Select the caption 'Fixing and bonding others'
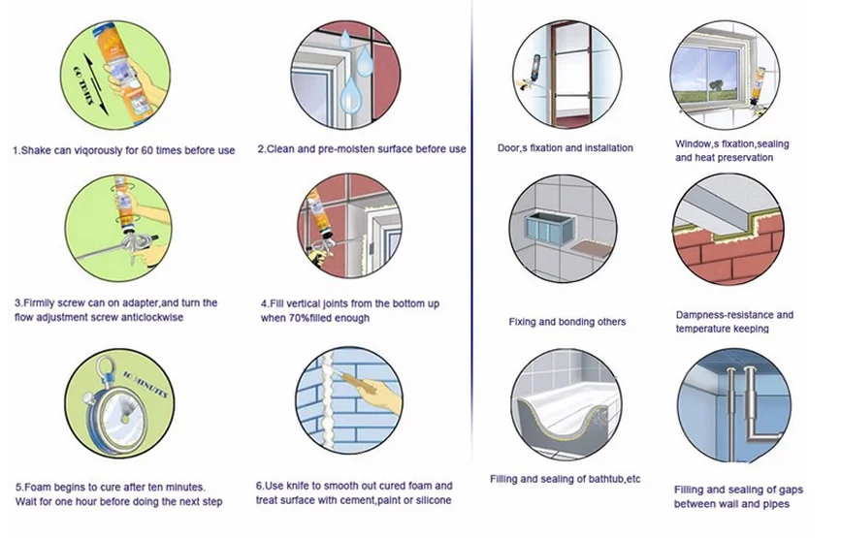click(566, 322)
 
